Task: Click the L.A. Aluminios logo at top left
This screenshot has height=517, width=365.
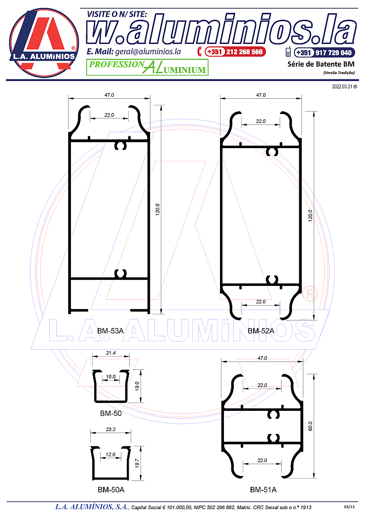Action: (x=44, y=43)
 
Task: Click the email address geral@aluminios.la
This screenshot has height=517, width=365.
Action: (x=148, y=52)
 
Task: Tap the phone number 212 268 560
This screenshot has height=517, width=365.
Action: (x=244, y=52)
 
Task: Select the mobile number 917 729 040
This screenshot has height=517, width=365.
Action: (x=333, y=53)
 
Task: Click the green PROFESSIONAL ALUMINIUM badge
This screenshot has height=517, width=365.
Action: (x=147, y=67)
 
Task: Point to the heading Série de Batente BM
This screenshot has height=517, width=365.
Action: (x=321, y=64)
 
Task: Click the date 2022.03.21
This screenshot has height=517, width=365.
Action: (x=342, y=87)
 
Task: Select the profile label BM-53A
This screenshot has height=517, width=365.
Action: (x=110, y=331)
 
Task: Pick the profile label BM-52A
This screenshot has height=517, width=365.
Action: (x=261, y=331)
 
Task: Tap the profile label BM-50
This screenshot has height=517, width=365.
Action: (x=111, y=413)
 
